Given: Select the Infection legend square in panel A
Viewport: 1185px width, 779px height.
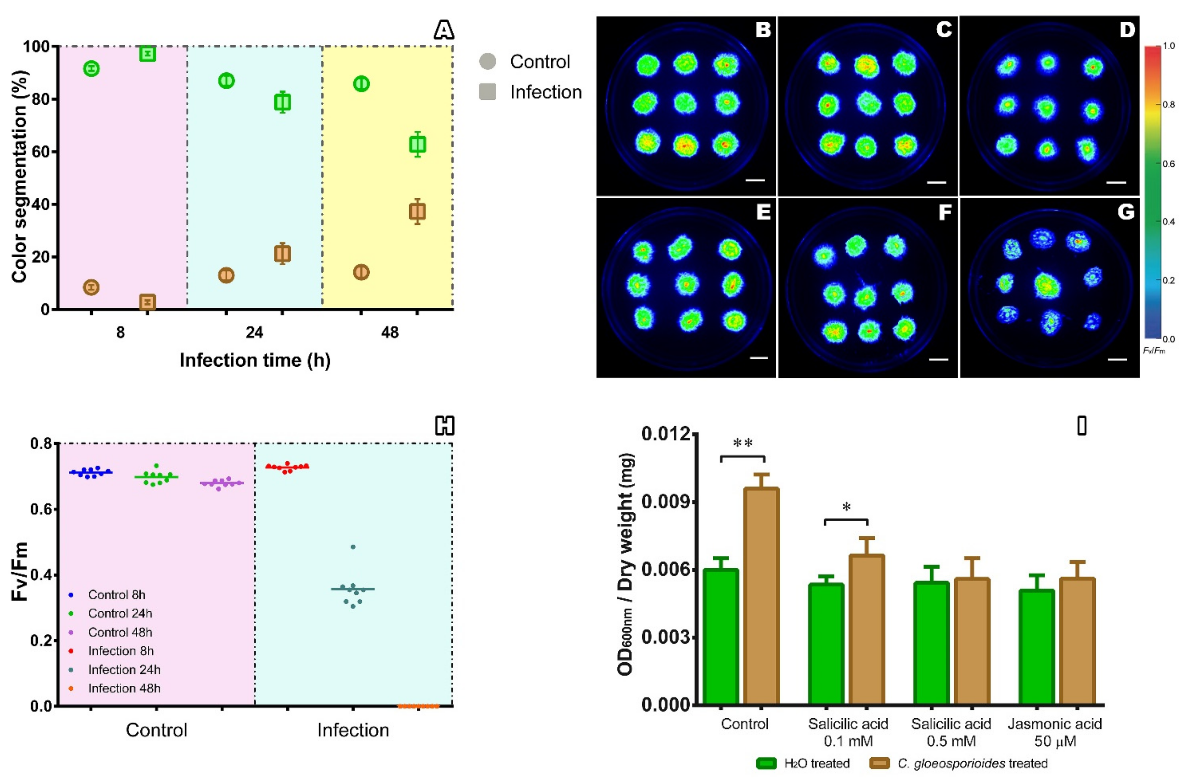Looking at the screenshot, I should click(x=487, y=92).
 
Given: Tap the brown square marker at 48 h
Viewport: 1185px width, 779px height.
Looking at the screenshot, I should click(x=417, y=212).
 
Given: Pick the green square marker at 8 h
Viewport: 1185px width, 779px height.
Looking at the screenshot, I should click(x=148, y=53).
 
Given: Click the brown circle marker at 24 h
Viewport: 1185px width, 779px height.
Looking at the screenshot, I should click(x=226, y=275).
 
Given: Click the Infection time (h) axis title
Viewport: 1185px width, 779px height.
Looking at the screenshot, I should click(x=255, y=360).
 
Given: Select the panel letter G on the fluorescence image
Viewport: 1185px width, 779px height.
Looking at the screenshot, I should click(x=1126, y=212).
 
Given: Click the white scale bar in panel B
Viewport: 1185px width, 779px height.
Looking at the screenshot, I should click(x=755, y=180).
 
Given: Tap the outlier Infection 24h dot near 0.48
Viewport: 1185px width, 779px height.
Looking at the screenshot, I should click(x=353, y=547).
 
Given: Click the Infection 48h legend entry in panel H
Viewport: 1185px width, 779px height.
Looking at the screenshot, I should click(x=124, y=688).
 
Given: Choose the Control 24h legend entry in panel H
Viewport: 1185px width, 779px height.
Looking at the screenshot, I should click(x=120, y=613).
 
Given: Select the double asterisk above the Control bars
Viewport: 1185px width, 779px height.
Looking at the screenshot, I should click(x=743, y=443).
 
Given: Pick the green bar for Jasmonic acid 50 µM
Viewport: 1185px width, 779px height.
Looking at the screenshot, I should click(x=1036, y=647).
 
